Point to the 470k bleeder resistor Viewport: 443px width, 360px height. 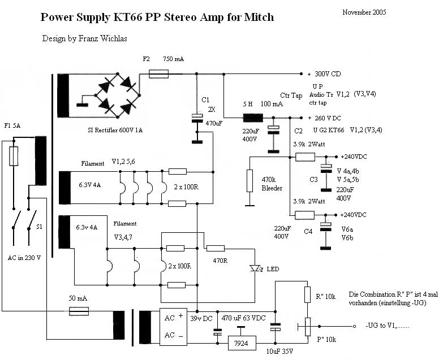click(250, 180)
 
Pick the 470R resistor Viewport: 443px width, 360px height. click(215, 248)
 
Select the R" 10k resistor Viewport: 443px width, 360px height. click(307, 294)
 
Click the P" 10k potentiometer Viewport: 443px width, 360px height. click(307, 326)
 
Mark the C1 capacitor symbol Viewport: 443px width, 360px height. click(197, 118)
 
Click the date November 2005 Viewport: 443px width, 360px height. click(364, 12)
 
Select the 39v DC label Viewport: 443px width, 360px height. click(203, 319)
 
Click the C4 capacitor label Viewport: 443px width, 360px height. click(308, 231)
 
